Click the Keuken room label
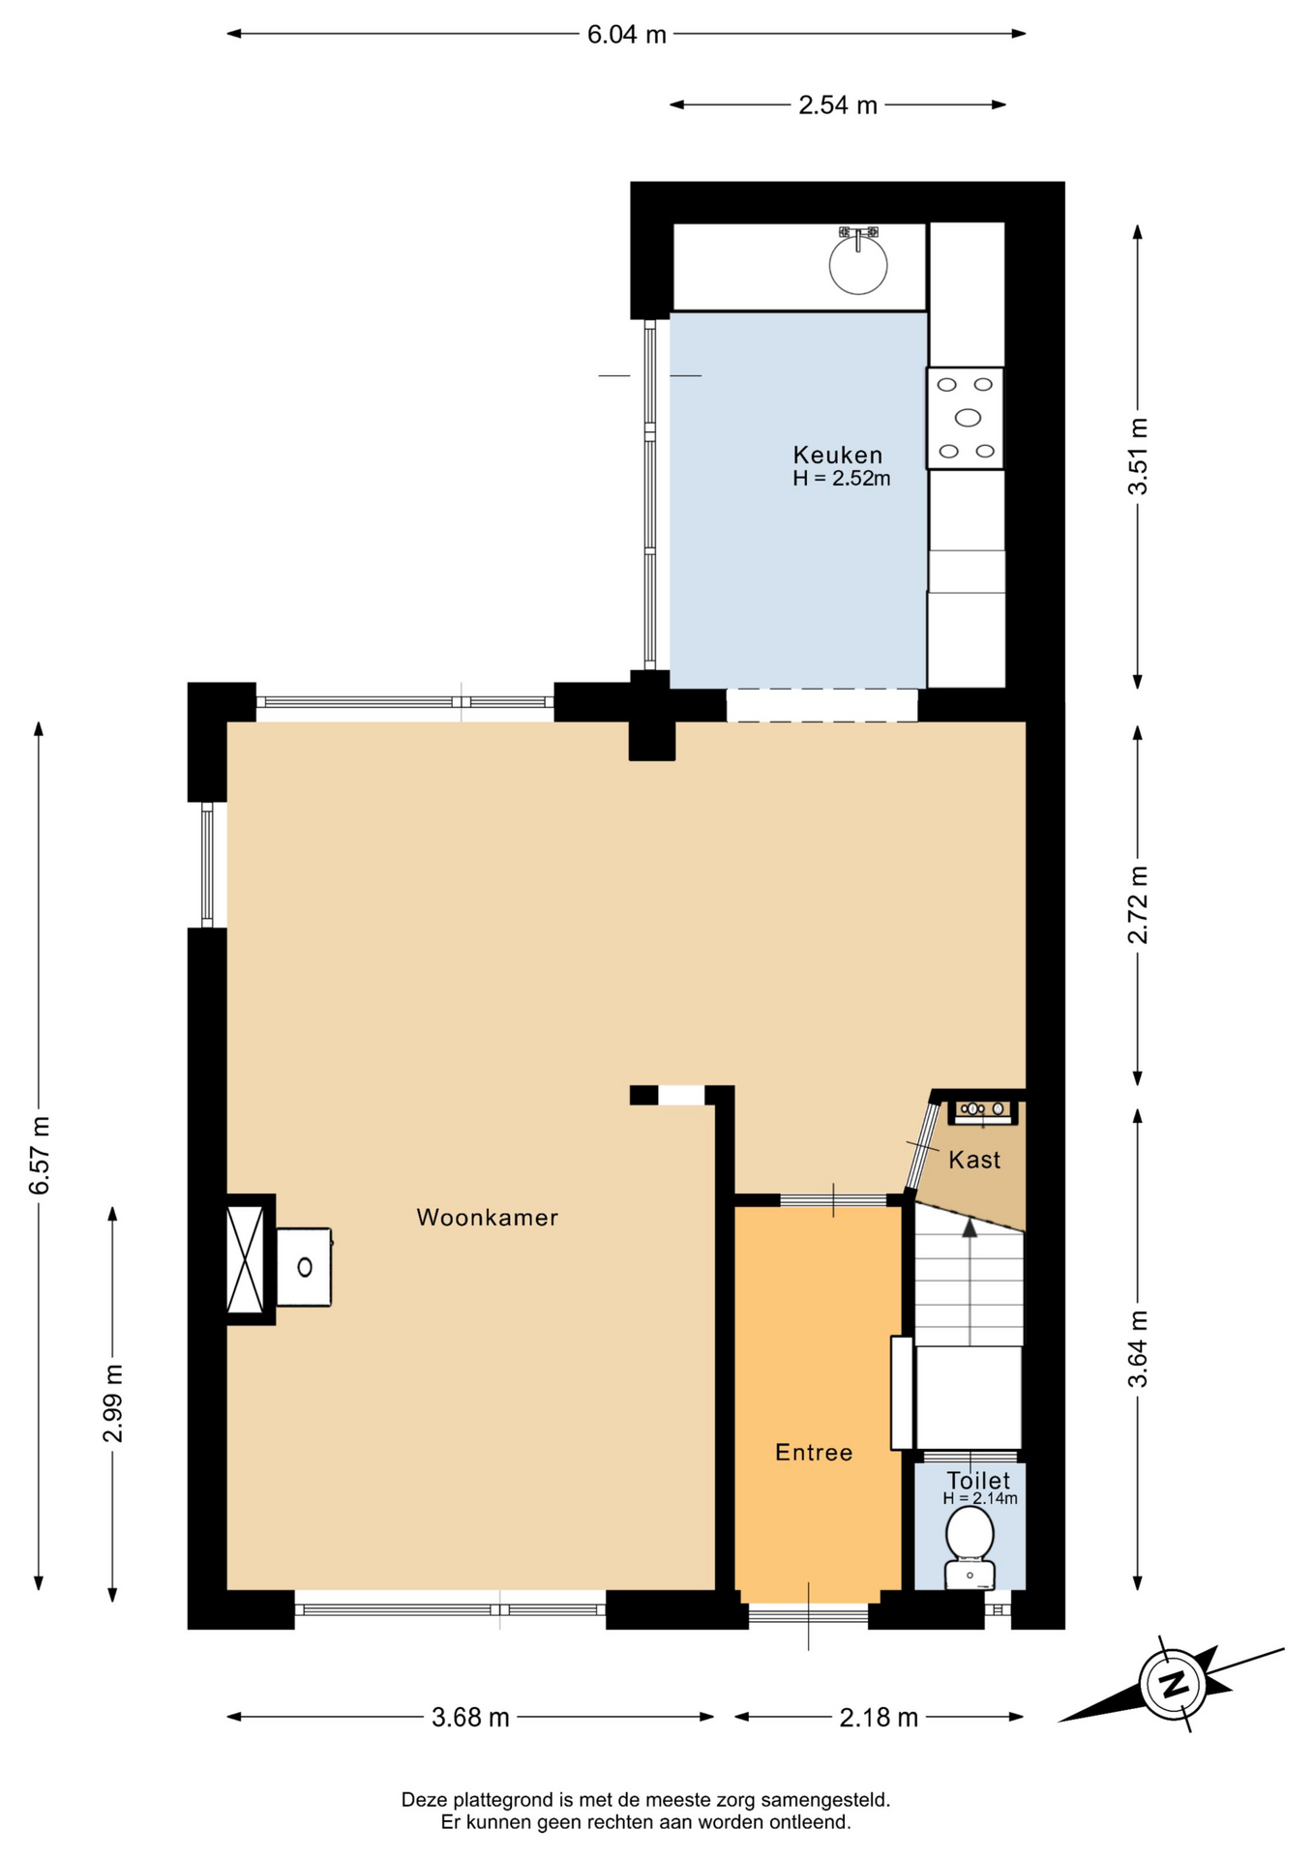837,455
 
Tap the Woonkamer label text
488,1217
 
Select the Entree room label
814,1452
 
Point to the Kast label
974,1160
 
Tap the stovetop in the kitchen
965,418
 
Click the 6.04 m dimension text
627,35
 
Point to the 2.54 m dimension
838,105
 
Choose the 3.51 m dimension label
1138,457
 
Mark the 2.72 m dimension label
1138,904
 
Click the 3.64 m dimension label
1138,1348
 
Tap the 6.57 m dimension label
39,1155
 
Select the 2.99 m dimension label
113,1403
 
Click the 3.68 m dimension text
470,1718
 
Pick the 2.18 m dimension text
879,1718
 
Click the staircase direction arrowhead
970,1227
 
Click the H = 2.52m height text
842,478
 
